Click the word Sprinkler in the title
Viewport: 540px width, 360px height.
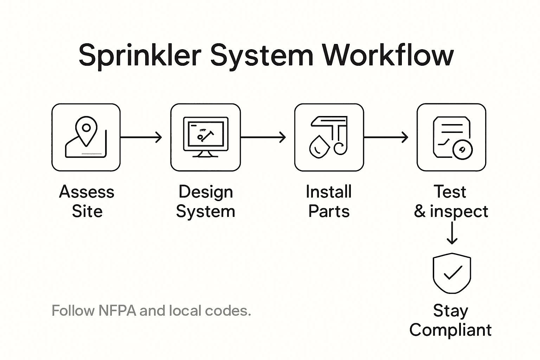(x=140, y=56)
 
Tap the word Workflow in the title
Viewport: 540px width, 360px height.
(x=388, y=56)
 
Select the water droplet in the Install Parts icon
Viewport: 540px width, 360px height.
(x=319, y=146)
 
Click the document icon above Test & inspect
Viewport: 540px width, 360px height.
(x=451, y=137)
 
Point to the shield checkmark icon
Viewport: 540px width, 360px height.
(x=452, y=273)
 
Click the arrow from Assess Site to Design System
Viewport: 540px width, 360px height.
(x=141, y=137)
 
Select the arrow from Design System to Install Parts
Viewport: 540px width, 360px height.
(x=263, y=137)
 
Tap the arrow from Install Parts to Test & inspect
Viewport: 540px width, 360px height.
(x=386, y=137)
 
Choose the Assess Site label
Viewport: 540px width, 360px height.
(x=86, y=201)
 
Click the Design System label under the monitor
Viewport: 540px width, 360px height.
(x=206, y=201)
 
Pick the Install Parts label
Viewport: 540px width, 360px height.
(x=329, y=201)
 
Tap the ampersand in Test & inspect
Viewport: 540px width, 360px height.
(x=420, y=211)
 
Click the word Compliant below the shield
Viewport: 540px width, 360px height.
(x=450, y=330)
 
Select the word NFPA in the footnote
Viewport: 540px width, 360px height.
(x=117, y=311)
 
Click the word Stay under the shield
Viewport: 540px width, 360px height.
(x=450, y=311)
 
